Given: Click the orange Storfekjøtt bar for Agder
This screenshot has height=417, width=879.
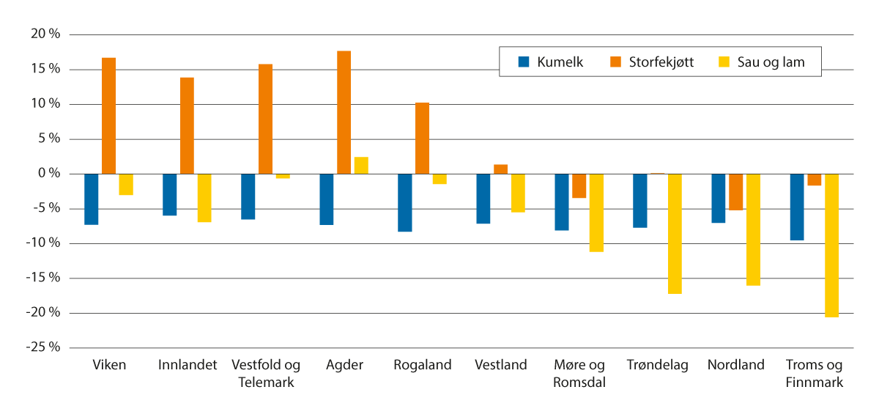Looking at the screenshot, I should pos(344,112).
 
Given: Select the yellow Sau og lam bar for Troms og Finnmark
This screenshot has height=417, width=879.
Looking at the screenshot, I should pos(831,246).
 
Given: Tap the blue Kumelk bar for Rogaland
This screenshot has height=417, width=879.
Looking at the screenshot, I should pos(405,202).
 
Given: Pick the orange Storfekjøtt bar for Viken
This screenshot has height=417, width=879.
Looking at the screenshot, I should pos(108,116).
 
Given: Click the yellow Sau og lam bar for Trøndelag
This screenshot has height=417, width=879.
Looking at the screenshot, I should pos(675,234).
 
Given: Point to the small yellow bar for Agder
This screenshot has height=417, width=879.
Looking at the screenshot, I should pos(361,166).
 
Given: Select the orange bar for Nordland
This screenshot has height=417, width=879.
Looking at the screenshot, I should pos(735,192).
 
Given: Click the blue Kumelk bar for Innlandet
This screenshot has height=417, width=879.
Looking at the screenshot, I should pos(170,194).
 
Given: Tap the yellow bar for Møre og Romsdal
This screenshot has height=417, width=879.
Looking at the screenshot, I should pos(596,213).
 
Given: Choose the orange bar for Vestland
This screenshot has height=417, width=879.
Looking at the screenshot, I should pos(501,169).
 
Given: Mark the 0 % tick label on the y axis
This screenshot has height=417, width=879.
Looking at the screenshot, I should pos(47,174).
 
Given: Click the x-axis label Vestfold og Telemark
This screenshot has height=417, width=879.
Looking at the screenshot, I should pos(266,373).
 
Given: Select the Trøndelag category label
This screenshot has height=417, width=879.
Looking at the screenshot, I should pos(658,365).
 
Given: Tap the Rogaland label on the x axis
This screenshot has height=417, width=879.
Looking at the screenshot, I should pos(423,365).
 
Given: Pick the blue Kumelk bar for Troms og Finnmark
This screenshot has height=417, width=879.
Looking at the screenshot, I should pos(796,207).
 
